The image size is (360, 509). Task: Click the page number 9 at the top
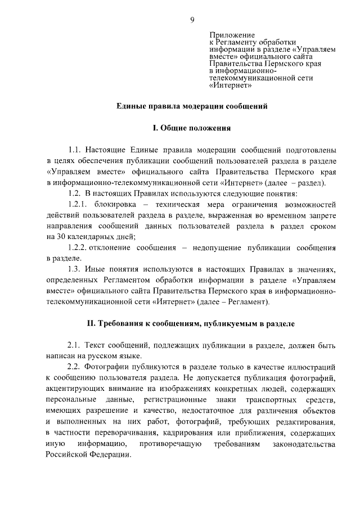192,20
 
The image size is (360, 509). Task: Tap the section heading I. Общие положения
192,128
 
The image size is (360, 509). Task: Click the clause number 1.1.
75,150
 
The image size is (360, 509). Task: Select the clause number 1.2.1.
78,204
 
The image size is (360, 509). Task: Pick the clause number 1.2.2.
78,247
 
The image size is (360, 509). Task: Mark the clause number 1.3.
75,269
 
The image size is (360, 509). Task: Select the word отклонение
114,247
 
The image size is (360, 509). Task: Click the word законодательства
304,444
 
